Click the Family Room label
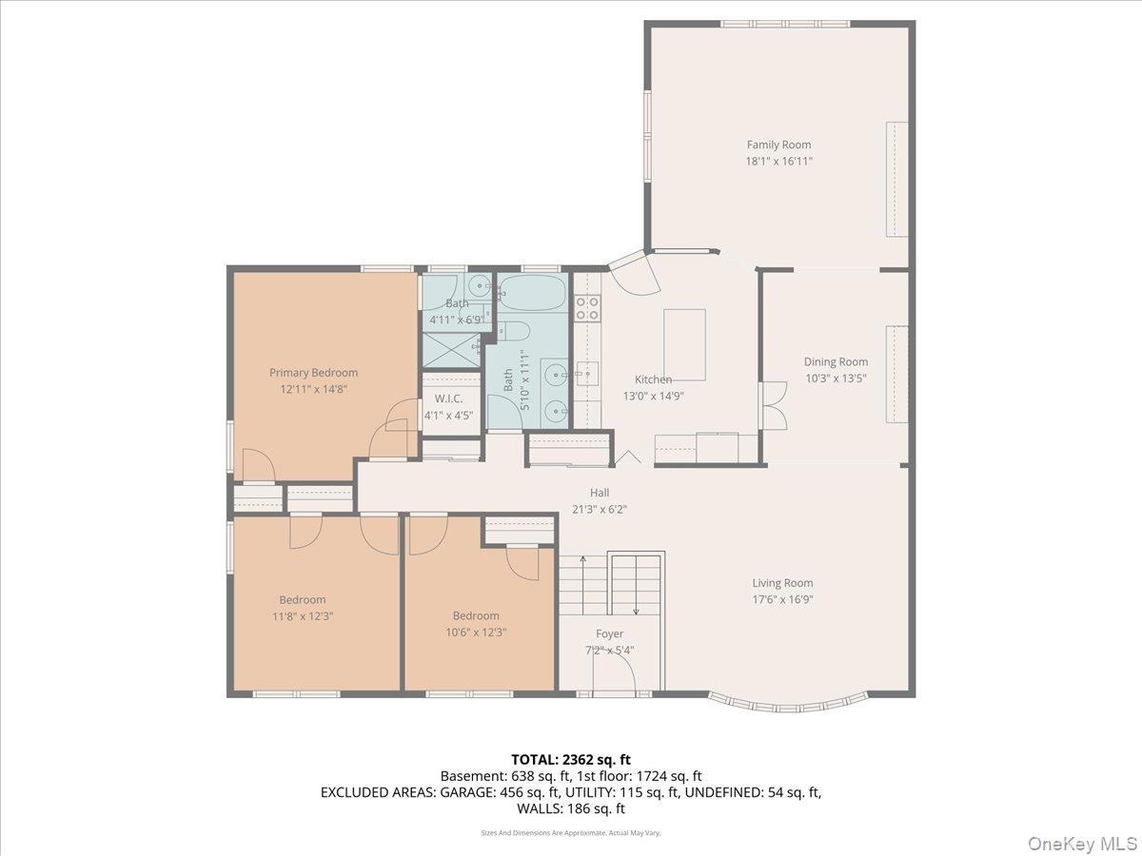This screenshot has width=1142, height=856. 778,146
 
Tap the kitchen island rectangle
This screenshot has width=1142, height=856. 684,331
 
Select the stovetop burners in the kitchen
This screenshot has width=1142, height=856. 588,306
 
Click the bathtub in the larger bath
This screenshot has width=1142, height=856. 532,293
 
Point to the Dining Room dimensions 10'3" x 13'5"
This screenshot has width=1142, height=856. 836,378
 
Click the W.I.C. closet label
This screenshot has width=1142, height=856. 448,399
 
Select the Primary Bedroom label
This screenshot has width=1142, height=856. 313,373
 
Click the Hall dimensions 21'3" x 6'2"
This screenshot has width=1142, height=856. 599,509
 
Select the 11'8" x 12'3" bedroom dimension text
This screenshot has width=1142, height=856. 302,615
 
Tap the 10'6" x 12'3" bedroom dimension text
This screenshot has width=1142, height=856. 475,632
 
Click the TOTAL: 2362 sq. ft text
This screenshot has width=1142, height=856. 570,760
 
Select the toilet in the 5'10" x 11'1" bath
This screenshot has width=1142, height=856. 515,332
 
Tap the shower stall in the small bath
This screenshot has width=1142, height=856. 451,350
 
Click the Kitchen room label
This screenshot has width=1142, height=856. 653,379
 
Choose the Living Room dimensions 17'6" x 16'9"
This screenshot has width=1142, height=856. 782,599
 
